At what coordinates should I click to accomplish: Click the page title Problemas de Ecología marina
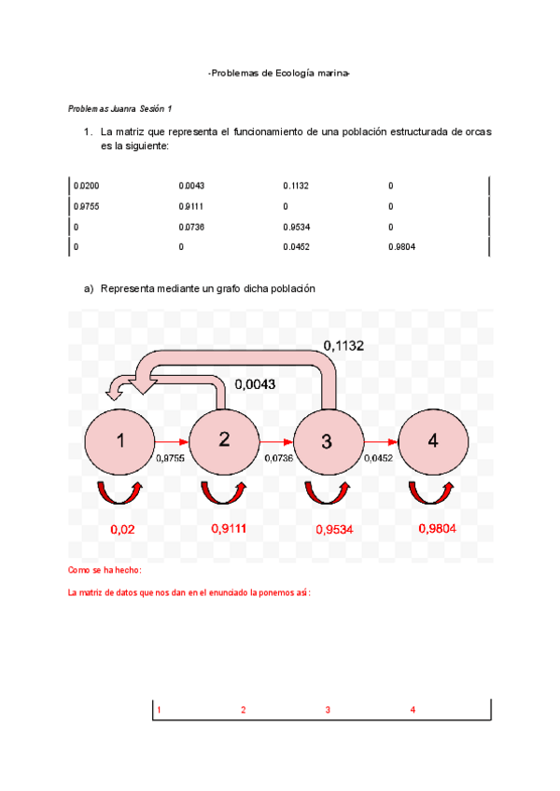pyautogui.click(x=280, y=73)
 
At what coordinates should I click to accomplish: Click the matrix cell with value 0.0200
pyautogui.click(x=87, y=187)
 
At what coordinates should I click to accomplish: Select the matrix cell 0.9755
pyautogui.click(x=87, y=207)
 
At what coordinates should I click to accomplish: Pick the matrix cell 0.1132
pyautogui.click(x=296, y=187)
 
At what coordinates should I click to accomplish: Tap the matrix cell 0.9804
pyautogui.click(x=402, y=247)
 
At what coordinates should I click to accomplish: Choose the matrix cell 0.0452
pyautogui.click(x=296, y=247)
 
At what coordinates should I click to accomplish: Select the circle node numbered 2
pyautogui.click(x=224, y=441)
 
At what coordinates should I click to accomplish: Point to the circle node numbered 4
pyautogui.click(x=433, y=441)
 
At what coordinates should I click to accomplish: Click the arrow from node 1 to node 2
pyautogui.click(x=172, y=441)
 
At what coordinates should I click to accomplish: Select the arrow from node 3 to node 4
pyautogui.click(x=381, y=441)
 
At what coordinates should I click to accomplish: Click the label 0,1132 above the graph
pyautogui.click(x=343, y=346)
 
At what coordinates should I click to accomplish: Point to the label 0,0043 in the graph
pyautogui.click(x=255, y=383)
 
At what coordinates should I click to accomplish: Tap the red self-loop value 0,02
pyautogui.click(x=123, y=530)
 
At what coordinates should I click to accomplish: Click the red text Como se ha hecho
pyautogui.click(x=105, y=570)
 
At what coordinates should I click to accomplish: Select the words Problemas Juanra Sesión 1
pyautogui.click(x=120, y=109)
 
